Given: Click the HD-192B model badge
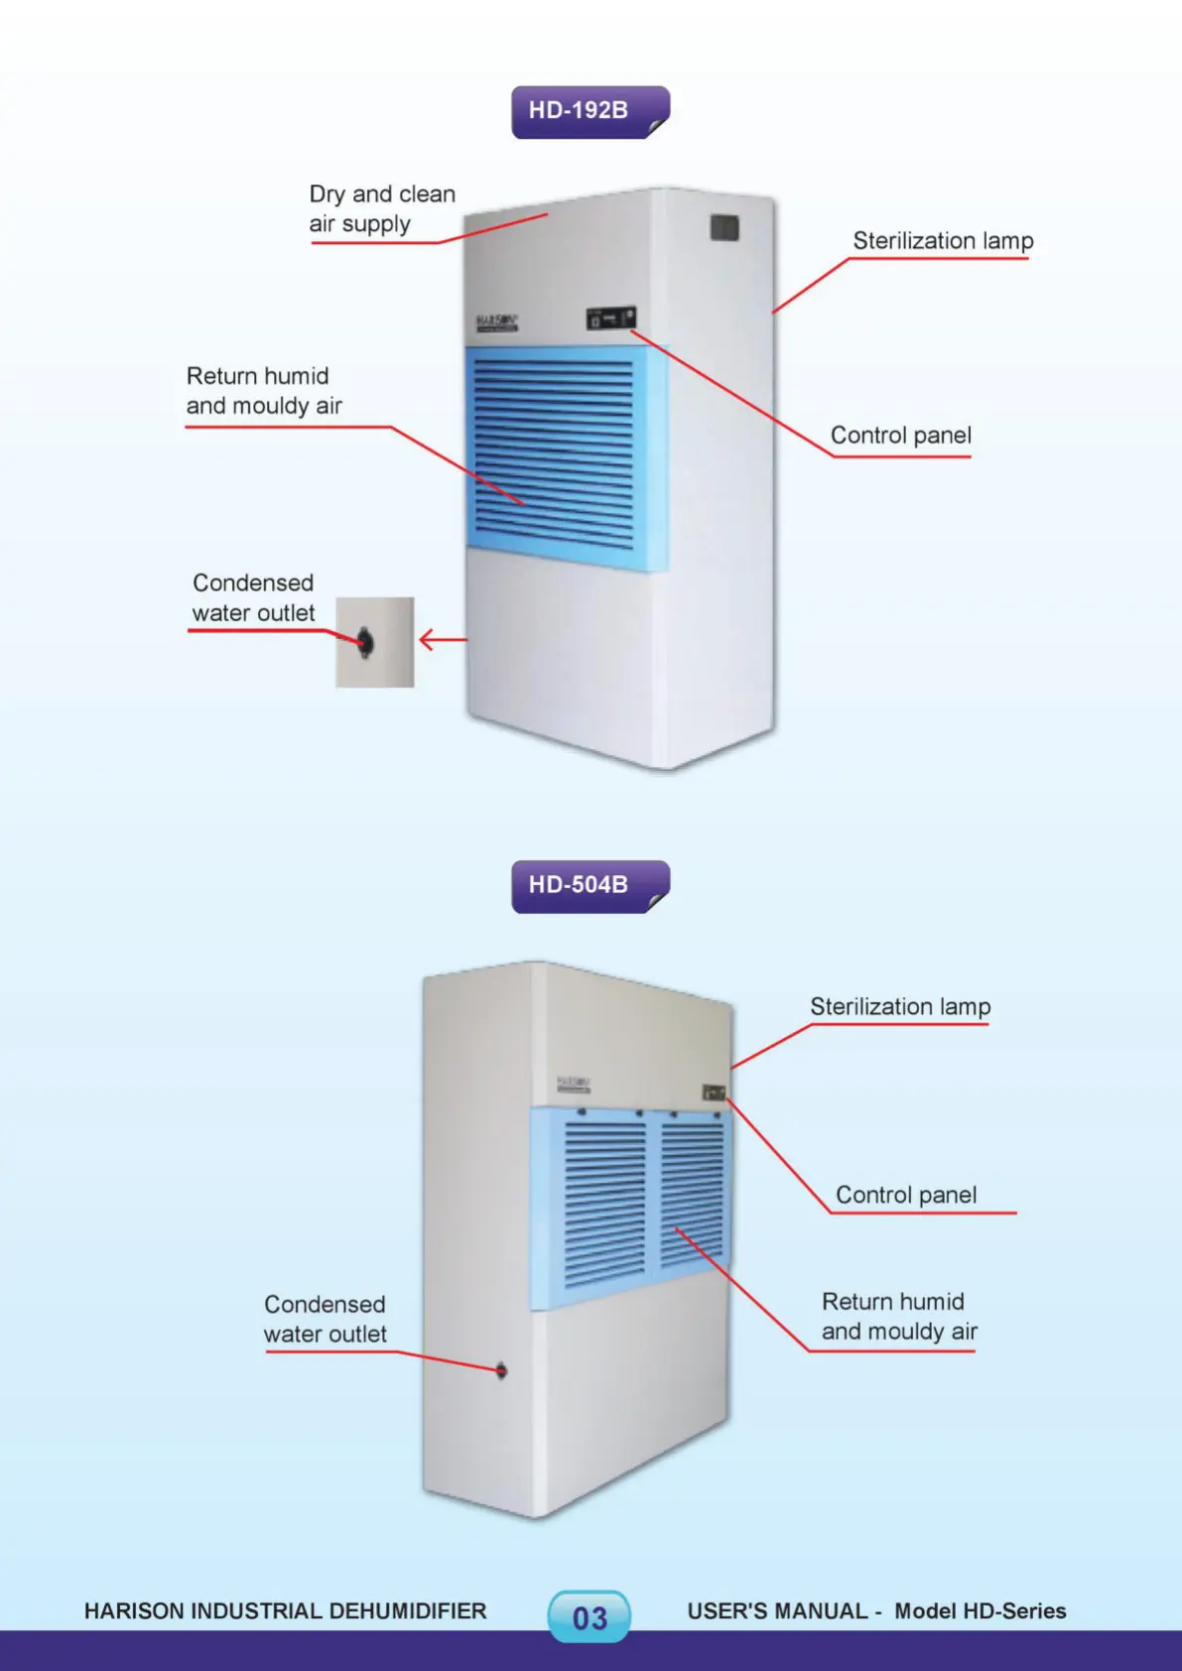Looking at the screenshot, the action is tap(590, 111).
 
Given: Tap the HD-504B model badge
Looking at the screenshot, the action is tap(590, 885).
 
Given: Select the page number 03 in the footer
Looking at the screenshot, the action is tap(590, 1617).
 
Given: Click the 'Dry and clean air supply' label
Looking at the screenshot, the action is tap(381, 208).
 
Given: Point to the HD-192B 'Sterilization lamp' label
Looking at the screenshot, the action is tap(943, 241).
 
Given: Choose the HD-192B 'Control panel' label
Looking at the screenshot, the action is tap(900, 436).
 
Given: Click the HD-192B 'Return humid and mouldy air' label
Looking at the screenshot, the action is tap(263, 391).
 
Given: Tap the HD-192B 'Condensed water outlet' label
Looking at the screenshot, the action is tap(253, 598).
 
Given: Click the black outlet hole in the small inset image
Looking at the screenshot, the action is tap(365, 642).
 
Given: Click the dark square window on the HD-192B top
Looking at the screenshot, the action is tap(724, 228).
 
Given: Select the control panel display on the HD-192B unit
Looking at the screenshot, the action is tap(610, 319).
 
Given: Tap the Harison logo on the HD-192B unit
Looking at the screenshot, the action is tap(496, 322).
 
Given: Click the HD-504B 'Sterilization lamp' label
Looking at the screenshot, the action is tap(900, 1007).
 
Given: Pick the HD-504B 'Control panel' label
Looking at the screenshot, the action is tap(906, 1196).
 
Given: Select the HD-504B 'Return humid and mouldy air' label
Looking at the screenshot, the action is tap(899, 1317).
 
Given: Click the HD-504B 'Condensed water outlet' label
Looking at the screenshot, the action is tap(325, 1320).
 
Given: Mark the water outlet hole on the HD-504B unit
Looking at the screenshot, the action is tap(501, 1371).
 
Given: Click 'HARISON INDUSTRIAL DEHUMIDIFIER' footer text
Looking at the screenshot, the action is tap(285, 1611).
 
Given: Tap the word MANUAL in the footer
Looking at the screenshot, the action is tap(819, 1611).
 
